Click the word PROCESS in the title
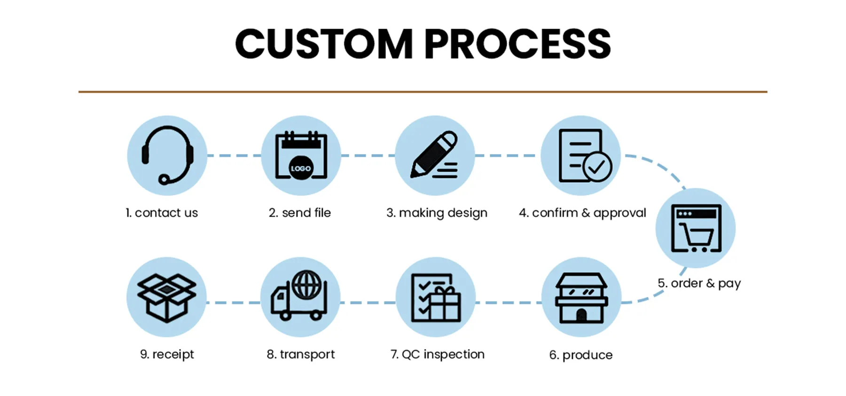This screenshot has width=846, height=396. point(517,44)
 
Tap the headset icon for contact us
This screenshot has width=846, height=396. point(167,155)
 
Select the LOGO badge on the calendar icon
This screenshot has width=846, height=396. point(301,168)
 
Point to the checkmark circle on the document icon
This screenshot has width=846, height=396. point(597,167)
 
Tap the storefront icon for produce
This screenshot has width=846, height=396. point(581,298)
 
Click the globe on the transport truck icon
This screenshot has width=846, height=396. point(306,285)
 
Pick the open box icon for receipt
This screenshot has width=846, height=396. point(166,297)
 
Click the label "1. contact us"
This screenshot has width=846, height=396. point(162,213)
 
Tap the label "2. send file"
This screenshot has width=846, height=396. point(300,213)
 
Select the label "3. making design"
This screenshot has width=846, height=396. point(437,213)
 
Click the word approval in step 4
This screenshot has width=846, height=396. point(619,213)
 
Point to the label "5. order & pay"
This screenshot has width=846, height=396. point(699,283)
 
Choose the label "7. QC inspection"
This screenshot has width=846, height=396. point(437,354)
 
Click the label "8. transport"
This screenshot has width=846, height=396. point(301,354)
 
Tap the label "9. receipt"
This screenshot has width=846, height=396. point(167,354)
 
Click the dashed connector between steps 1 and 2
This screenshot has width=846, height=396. point(234,155)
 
